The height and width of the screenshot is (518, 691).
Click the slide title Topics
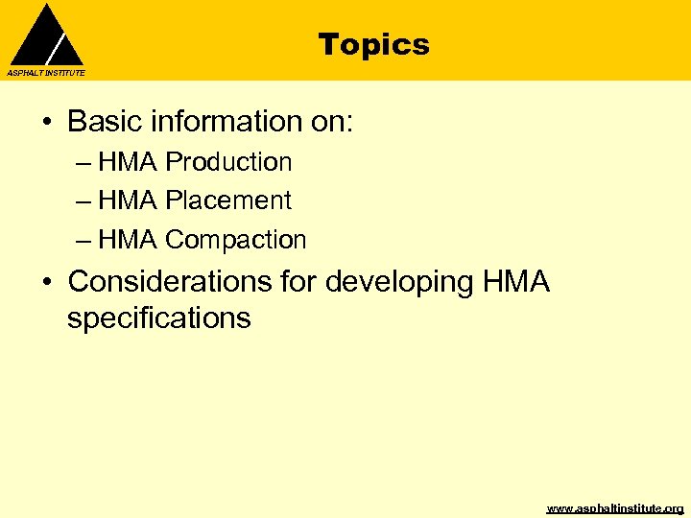(x=373, y=44)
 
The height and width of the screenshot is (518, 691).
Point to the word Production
(x=228, y=162)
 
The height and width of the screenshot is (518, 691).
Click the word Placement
(x=227, y=200)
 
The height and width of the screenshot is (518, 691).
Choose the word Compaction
(x=235, y=240)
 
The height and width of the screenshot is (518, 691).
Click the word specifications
(x=158, y=318)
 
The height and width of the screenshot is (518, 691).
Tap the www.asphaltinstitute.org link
(x=614, y=508)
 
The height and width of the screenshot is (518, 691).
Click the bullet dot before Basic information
(x=46, y=123)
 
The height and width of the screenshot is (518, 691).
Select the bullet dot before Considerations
(x=46, y=283)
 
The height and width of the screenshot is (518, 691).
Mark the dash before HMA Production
(x=83, y=163)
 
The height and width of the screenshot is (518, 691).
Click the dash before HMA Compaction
(x=83, y=241)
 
